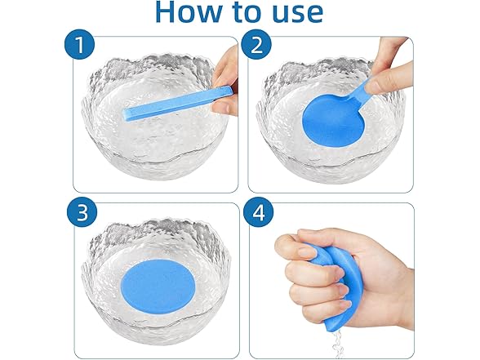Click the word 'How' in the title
(194, 11)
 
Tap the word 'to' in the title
(248, 11)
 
